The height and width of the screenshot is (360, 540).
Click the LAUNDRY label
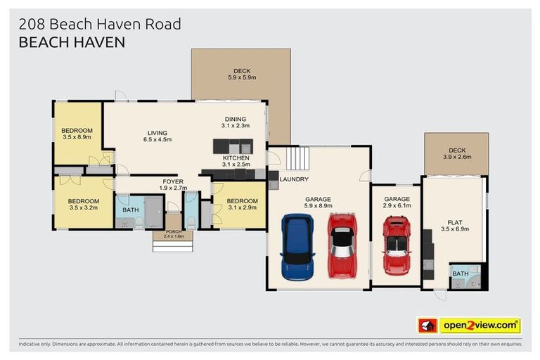pos(294,179)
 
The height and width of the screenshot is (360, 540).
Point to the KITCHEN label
pos(236,158)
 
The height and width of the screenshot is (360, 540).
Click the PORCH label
pos(173,231)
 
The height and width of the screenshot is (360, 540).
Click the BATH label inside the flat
pos(460,274)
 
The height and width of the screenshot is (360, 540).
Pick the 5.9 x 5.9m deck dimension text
pos(241,78)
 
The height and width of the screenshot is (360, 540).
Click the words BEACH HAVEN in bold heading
pos(71,42)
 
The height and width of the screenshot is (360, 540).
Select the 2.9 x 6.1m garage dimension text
pos(396,207)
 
